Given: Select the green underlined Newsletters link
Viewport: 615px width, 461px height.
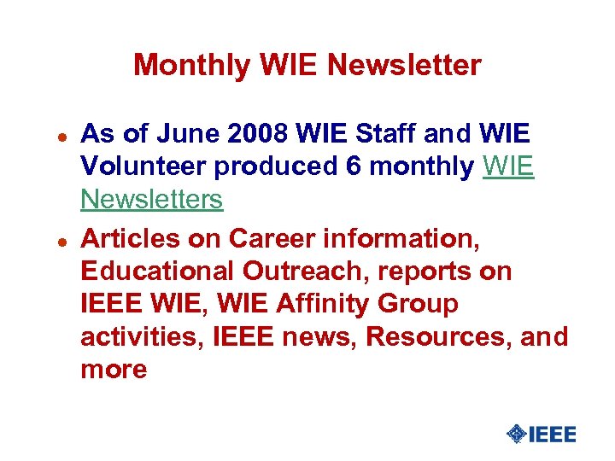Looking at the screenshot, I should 151,200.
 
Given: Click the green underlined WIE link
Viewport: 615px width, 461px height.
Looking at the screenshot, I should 508,166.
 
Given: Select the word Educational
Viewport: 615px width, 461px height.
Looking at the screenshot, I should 158,271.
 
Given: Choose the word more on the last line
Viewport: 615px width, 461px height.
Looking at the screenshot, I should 114,370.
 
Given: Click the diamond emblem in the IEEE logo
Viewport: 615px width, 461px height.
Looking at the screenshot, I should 515,434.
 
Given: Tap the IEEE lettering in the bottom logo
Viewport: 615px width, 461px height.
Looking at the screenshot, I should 553,434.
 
